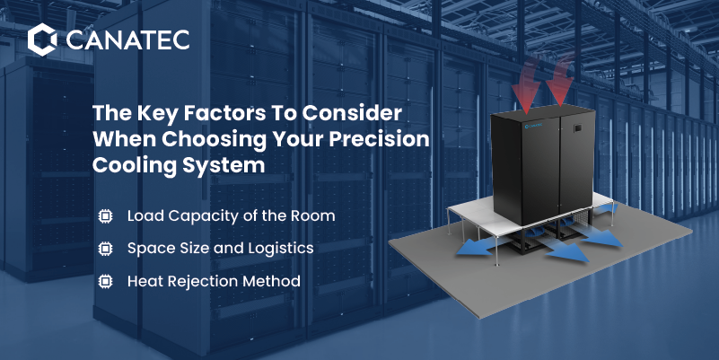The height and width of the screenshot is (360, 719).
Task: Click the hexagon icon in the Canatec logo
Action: pos(42,40)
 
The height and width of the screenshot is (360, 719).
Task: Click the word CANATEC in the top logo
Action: pos(127,40)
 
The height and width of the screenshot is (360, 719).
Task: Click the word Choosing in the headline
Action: pos(214,140)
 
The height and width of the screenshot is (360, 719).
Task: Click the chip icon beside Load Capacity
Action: pos(105,215)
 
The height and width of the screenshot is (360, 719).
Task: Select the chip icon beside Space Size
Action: pos(105,249)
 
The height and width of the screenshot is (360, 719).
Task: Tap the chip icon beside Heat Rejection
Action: pos(105,281)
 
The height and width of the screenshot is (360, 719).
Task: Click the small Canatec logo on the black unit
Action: pos(533,125)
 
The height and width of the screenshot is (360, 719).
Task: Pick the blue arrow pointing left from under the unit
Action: pos(478,246)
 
